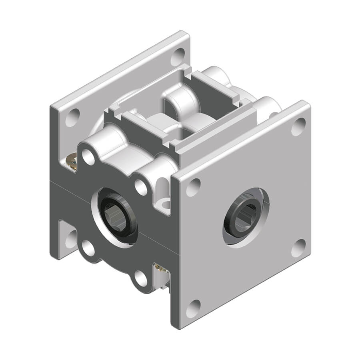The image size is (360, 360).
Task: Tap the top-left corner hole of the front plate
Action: point(193,187)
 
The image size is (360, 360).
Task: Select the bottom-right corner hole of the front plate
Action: point(298,248)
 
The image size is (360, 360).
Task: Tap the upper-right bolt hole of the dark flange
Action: point(140,186)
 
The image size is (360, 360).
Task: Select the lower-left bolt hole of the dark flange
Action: point(88,248)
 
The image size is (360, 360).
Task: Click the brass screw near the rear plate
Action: point(72,162)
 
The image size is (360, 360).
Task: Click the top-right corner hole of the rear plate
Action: point(178,56)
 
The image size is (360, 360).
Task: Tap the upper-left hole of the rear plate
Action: point(72,117)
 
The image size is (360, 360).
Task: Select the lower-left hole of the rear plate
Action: point(71,239)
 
